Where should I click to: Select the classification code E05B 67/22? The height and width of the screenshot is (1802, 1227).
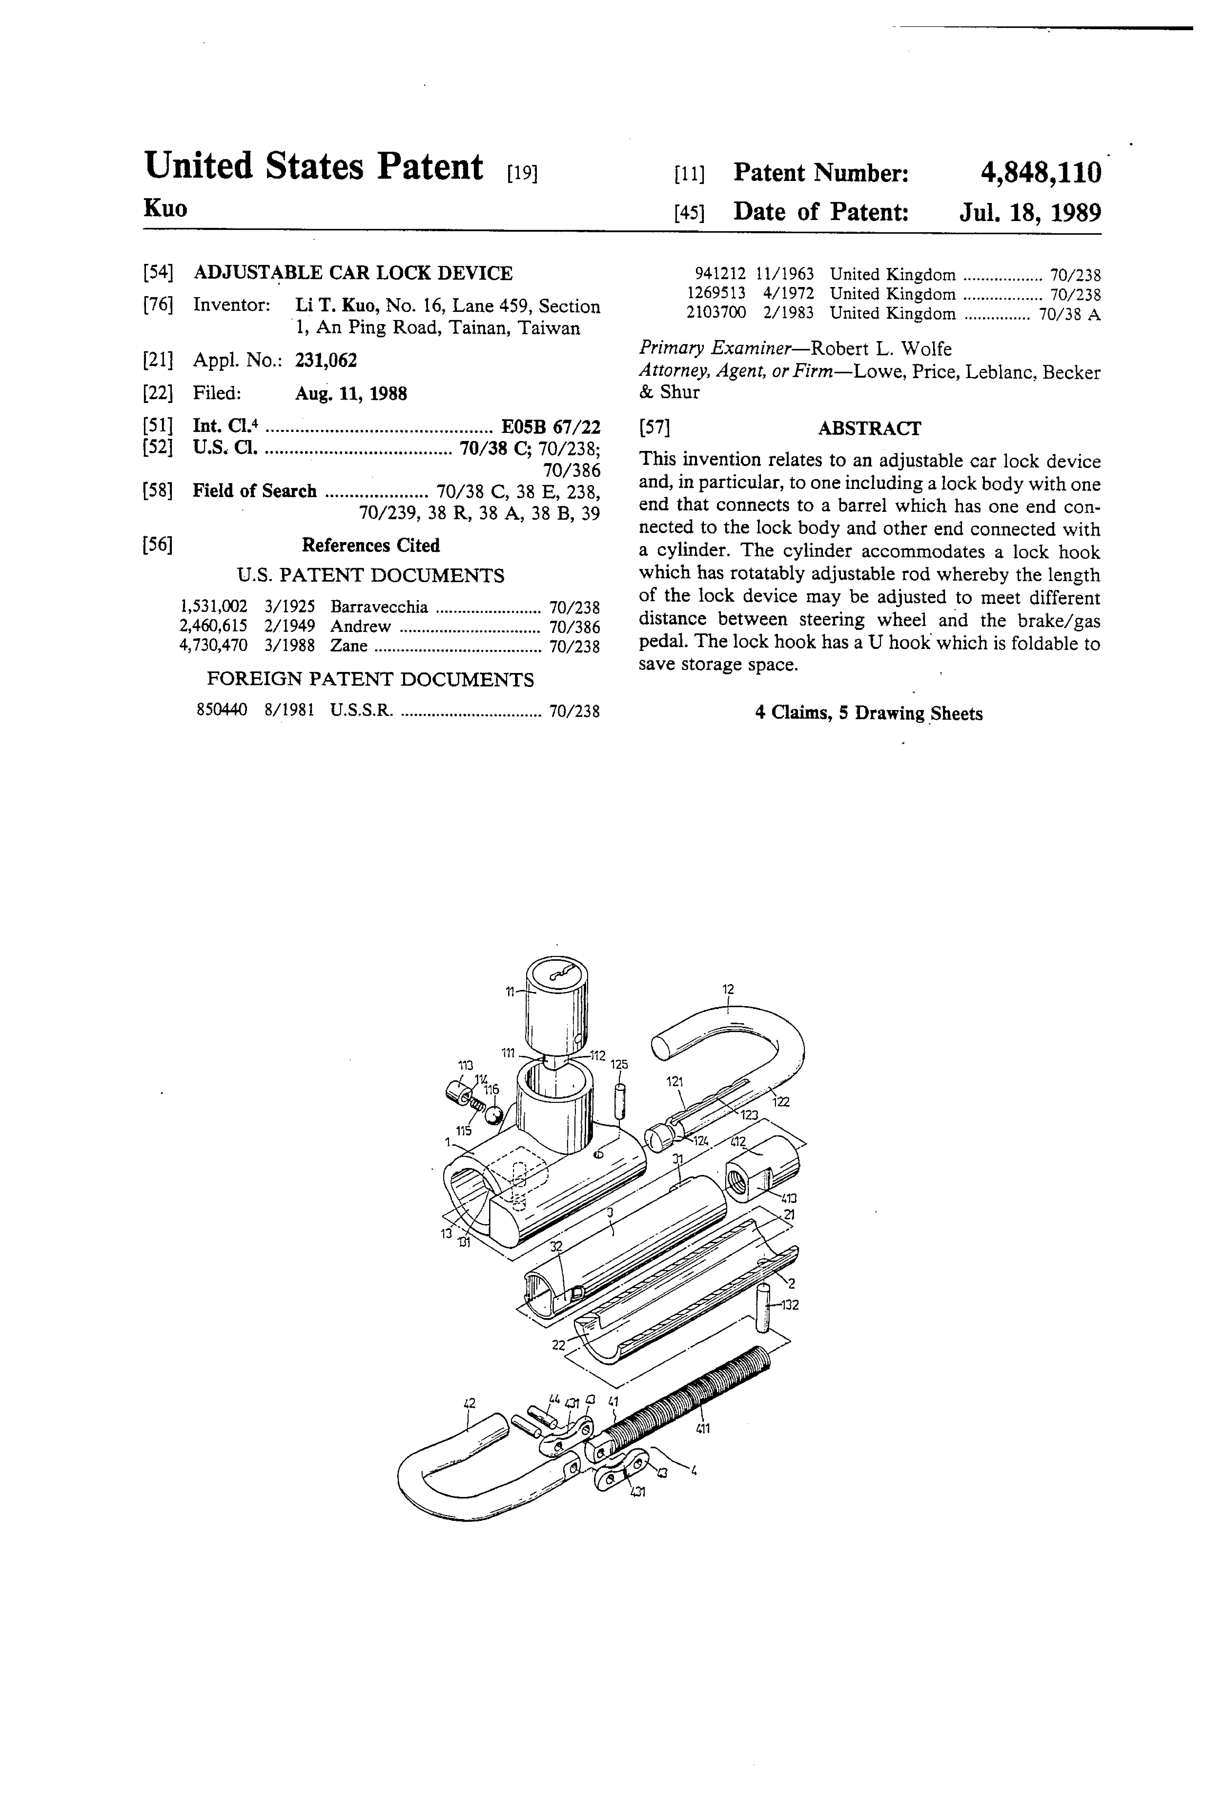551,427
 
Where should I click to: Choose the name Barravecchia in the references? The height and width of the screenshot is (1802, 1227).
378,607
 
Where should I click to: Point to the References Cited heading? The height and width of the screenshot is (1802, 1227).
371,546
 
